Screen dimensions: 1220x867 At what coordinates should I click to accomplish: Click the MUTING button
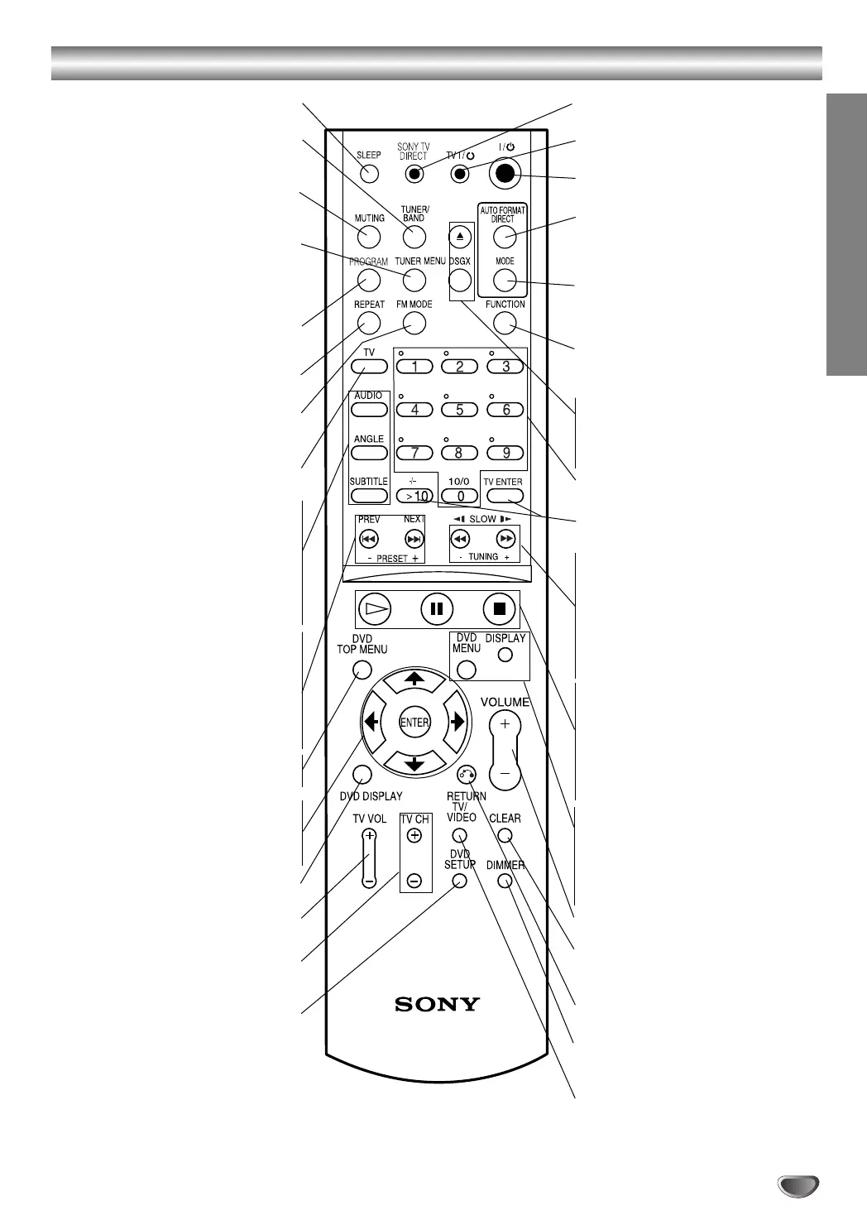(369, 236)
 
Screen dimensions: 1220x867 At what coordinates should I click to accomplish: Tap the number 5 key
(460, 409)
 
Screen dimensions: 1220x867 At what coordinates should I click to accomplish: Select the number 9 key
(505, 453)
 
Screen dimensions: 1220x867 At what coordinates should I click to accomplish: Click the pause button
(437, 609)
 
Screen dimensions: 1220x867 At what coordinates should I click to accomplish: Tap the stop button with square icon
(499, 609)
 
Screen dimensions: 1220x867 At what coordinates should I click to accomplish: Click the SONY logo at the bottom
(437, 1004)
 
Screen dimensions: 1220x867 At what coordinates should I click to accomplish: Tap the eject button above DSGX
(460, 237)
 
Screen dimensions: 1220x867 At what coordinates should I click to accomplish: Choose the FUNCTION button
(505, 322)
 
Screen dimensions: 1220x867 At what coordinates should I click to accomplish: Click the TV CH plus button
(414, 836)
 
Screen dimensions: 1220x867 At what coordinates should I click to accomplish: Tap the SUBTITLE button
(369, 496)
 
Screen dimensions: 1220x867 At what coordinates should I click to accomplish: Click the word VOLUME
(505, 702)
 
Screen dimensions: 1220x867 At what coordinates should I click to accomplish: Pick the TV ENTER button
(505, 496)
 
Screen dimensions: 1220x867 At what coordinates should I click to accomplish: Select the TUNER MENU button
(414, 279)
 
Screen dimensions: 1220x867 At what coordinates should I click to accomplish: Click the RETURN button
(467, 775)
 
